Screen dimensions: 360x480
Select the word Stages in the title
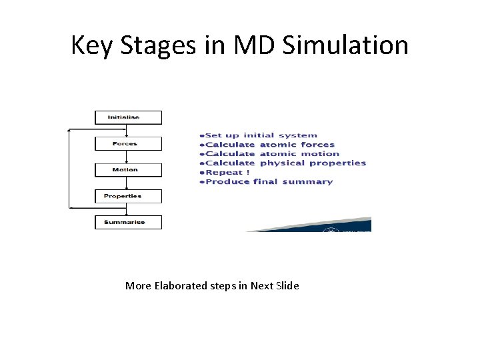153,45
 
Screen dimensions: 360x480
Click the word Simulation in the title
345,45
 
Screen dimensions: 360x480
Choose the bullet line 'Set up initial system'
261,135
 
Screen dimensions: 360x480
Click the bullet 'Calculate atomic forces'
269,145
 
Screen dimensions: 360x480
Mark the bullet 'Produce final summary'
269,181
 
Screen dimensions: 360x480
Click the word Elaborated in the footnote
181,286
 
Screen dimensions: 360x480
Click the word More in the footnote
138,286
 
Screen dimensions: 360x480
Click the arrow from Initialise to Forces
127,131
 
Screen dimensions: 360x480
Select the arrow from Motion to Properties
127,183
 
